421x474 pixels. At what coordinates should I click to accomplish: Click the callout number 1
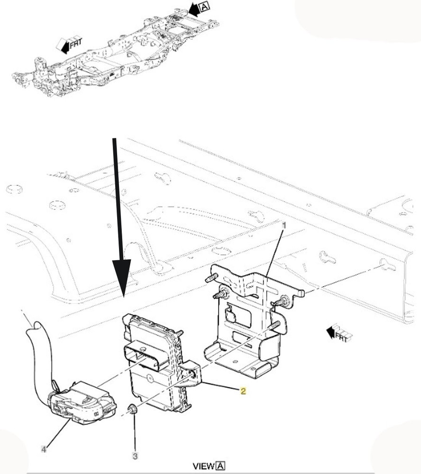point(284,225)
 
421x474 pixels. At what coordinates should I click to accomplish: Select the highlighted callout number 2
point(243,391)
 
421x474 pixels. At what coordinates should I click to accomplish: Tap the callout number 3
point(135,456)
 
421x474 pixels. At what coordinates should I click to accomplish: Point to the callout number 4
point(44,449)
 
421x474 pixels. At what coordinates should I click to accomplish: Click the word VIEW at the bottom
point(203,466)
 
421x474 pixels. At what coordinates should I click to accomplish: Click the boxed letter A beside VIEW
point(220,466)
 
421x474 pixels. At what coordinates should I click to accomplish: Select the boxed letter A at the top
point(205,6)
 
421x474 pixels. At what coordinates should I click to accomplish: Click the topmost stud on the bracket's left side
point(212,277)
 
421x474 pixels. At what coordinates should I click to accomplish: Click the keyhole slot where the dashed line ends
point(387,265)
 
